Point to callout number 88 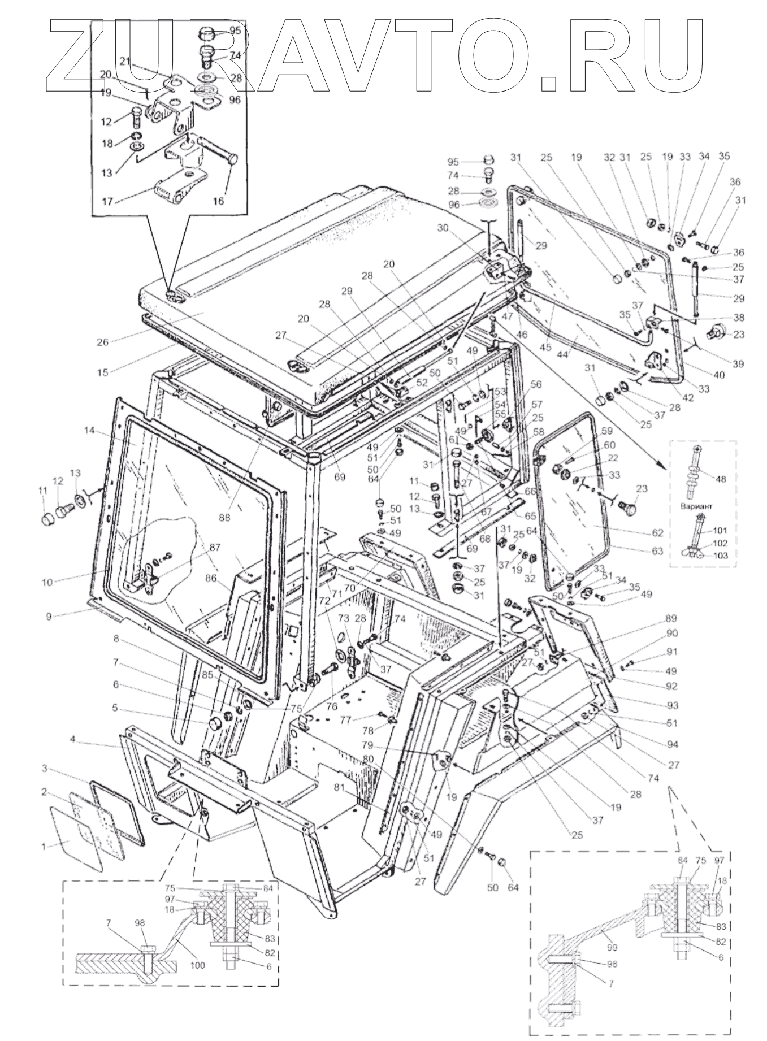pyautogui.click(x=225, y=517)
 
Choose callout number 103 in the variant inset pyautogui.click(x=721, y=556)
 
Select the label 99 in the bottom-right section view pyautogui.click(x=613, y=947)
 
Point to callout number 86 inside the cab pyautogui.click(x=210, y=578)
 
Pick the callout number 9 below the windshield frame pyautogui.click(x=49, y=617)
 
